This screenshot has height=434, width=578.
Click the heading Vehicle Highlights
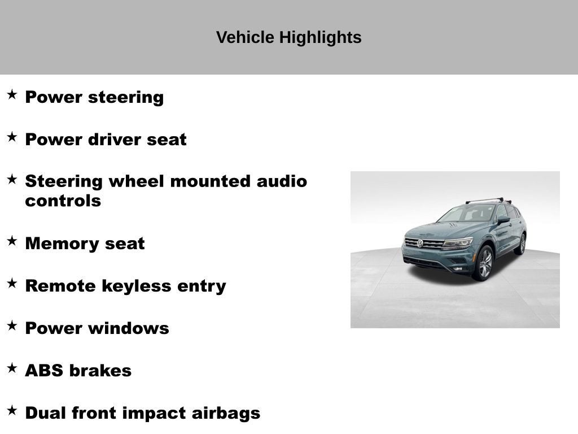point(288,37)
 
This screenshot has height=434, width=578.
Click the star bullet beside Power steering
point(12,94)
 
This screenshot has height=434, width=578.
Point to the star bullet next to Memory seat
point(12,241)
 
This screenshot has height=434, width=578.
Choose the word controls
point(63,201)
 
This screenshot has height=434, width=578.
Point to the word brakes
point(100,371)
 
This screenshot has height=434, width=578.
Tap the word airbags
point(226,413)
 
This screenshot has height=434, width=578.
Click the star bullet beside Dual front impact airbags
point(12,410)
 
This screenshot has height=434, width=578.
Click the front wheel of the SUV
point(484,263)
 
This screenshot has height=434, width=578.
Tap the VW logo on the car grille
point(420,243)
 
